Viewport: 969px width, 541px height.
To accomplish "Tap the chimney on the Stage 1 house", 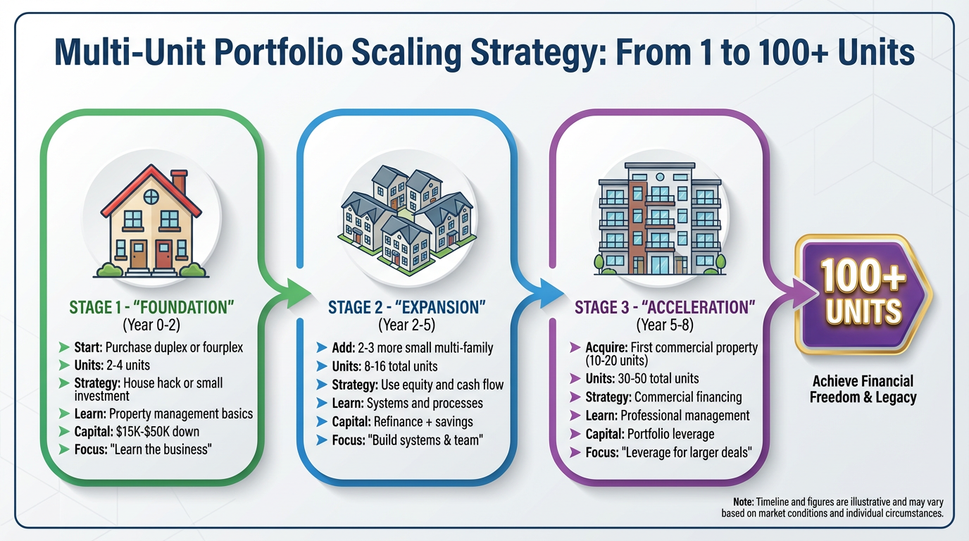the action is click(180, 181).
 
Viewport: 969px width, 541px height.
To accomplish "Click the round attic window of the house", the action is click(151, 197).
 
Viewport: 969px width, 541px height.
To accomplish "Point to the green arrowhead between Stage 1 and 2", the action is click(299, 294).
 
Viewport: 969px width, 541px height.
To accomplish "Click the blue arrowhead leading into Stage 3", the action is click(552, 294).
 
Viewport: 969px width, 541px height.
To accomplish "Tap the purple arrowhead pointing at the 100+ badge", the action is click(805, 294).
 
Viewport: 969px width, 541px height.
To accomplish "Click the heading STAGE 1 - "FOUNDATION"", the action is click(151, 307).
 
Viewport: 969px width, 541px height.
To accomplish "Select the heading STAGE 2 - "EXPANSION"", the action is click(406, 307).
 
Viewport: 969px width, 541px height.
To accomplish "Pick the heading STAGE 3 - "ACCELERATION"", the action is click(665, 307).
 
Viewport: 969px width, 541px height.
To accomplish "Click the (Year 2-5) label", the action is click(406, 325).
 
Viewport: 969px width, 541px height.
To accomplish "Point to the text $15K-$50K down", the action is click(158, 432).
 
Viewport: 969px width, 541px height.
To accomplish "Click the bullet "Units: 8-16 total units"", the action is click(385, 366).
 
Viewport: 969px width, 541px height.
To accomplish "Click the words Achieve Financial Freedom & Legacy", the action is click(863, 389).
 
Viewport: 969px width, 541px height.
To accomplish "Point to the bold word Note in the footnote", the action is click(743, 502).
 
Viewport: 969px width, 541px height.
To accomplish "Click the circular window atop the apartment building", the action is click(660, 177).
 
